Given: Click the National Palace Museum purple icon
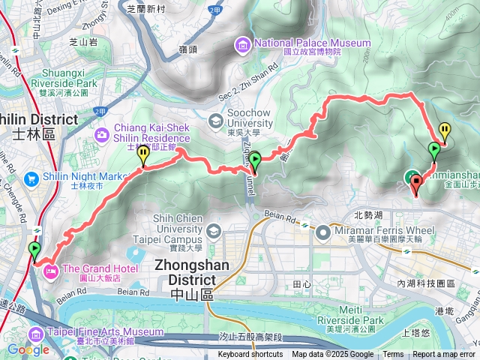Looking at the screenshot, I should (243, 46).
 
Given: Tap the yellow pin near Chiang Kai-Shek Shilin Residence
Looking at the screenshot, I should (142, 154).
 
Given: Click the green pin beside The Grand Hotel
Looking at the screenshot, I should (34, 250).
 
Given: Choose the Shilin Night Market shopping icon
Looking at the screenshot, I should (31, 178).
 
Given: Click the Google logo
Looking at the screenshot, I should (28, 349).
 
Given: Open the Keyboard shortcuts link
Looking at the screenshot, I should (250, 355).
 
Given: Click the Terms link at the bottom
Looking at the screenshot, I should (393, 355).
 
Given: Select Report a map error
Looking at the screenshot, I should (443, 355).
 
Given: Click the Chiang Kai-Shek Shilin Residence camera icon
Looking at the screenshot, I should (102, 134).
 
